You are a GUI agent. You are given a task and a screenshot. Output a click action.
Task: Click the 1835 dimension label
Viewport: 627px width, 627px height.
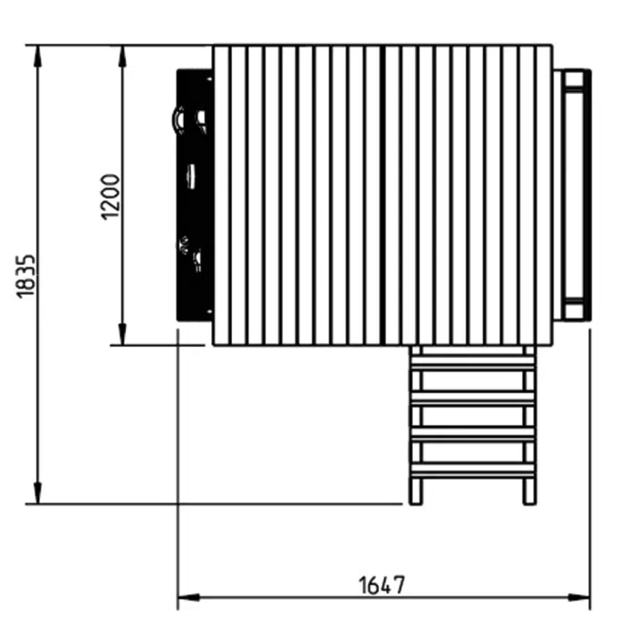pyautogui.click(x=26, y=275)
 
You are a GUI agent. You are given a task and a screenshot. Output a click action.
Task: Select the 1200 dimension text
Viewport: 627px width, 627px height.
pyautogui.click(x=110, y=196)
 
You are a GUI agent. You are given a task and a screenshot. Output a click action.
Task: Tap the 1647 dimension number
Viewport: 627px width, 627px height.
pyautogui.click(x=382, y=585)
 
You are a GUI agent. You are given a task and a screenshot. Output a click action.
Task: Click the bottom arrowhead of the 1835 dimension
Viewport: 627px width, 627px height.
pyautogui.click(x=38, y=492)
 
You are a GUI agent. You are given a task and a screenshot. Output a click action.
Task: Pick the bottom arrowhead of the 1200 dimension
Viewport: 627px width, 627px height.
pyautogui.click(x=123, y=333)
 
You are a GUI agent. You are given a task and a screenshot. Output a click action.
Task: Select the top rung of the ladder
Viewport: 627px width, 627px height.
pyautogui.click(x=472, y=362)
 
